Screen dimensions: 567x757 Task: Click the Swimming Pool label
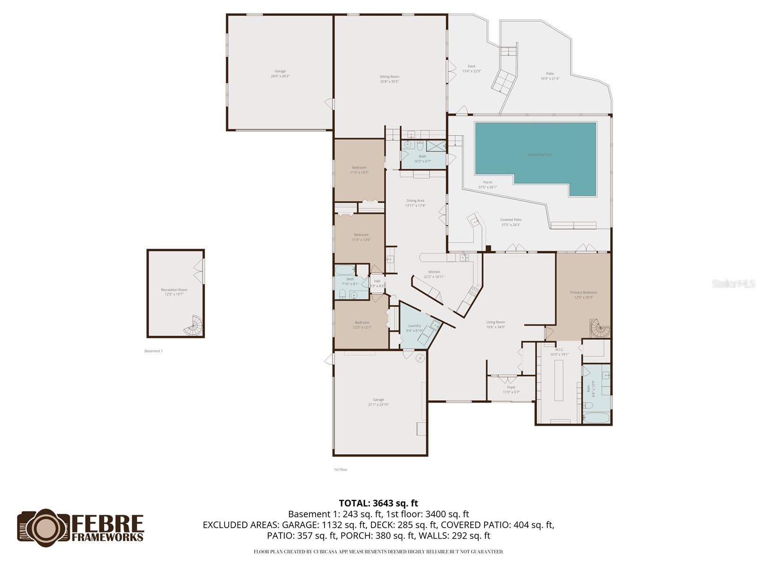click(540, 155)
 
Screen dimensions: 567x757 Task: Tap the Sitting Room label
click(389, 79)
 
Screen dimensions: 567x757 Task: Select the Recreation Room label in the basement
click(174, 292)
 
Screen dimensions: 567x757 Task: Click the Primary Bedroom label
click(583, 295)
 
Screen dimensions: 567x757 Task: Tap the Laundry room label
click(414, 328)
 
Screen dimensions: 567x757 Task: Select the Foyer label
click(511, 389)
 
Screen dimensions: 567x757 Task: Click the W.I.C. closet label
click(559, 352)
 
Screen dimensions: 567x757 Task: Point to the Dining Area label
click(415, 203)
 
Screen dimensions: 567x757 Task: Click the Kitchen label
click(434, 274)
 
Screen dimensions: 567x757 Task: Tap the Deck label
click(471, 69)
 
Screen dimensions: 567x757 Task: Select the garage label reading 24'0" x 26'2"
click(280, 74)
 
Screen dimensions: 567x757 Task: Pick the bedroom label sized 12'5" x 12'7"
click(362, 325)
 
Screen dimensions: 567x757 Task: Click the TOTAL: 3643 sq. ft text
click(378, 503)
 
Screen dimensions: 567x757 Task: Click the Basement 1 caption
click(153, 351)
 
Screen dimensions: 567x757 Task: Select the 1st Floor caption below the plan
click(341, 470)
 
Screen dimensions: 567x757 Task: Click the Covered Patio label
click(511, 222)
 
